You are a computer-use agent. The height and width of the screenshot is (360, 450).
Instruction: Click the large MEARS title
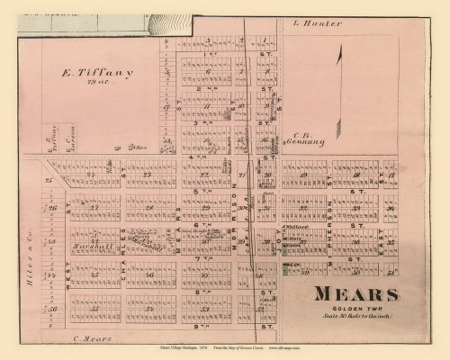point(355,293)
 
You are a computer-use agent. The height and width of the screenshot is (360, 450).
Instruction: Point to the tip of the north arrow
point(340,50)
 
